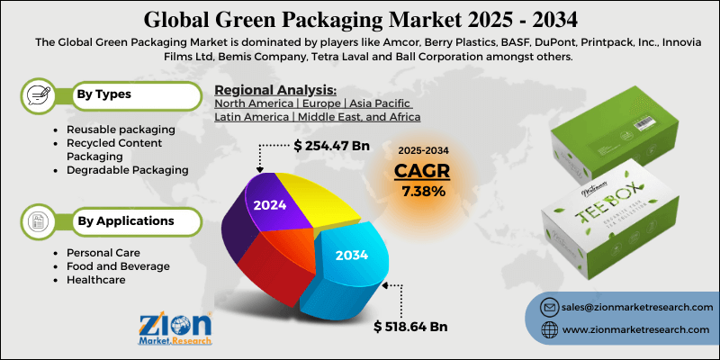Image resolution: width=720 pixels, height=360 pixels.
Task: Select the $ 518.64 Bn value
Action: pos(411,326)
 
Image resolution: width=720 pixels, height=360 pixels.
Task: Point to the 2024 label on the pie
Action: pos(269,204)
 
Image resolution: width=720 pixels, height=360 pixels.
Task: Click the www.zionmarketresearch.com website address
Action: pos(629,331)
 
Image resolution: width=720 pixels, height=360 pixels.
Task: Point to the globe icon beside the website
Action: pos(546,331)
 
